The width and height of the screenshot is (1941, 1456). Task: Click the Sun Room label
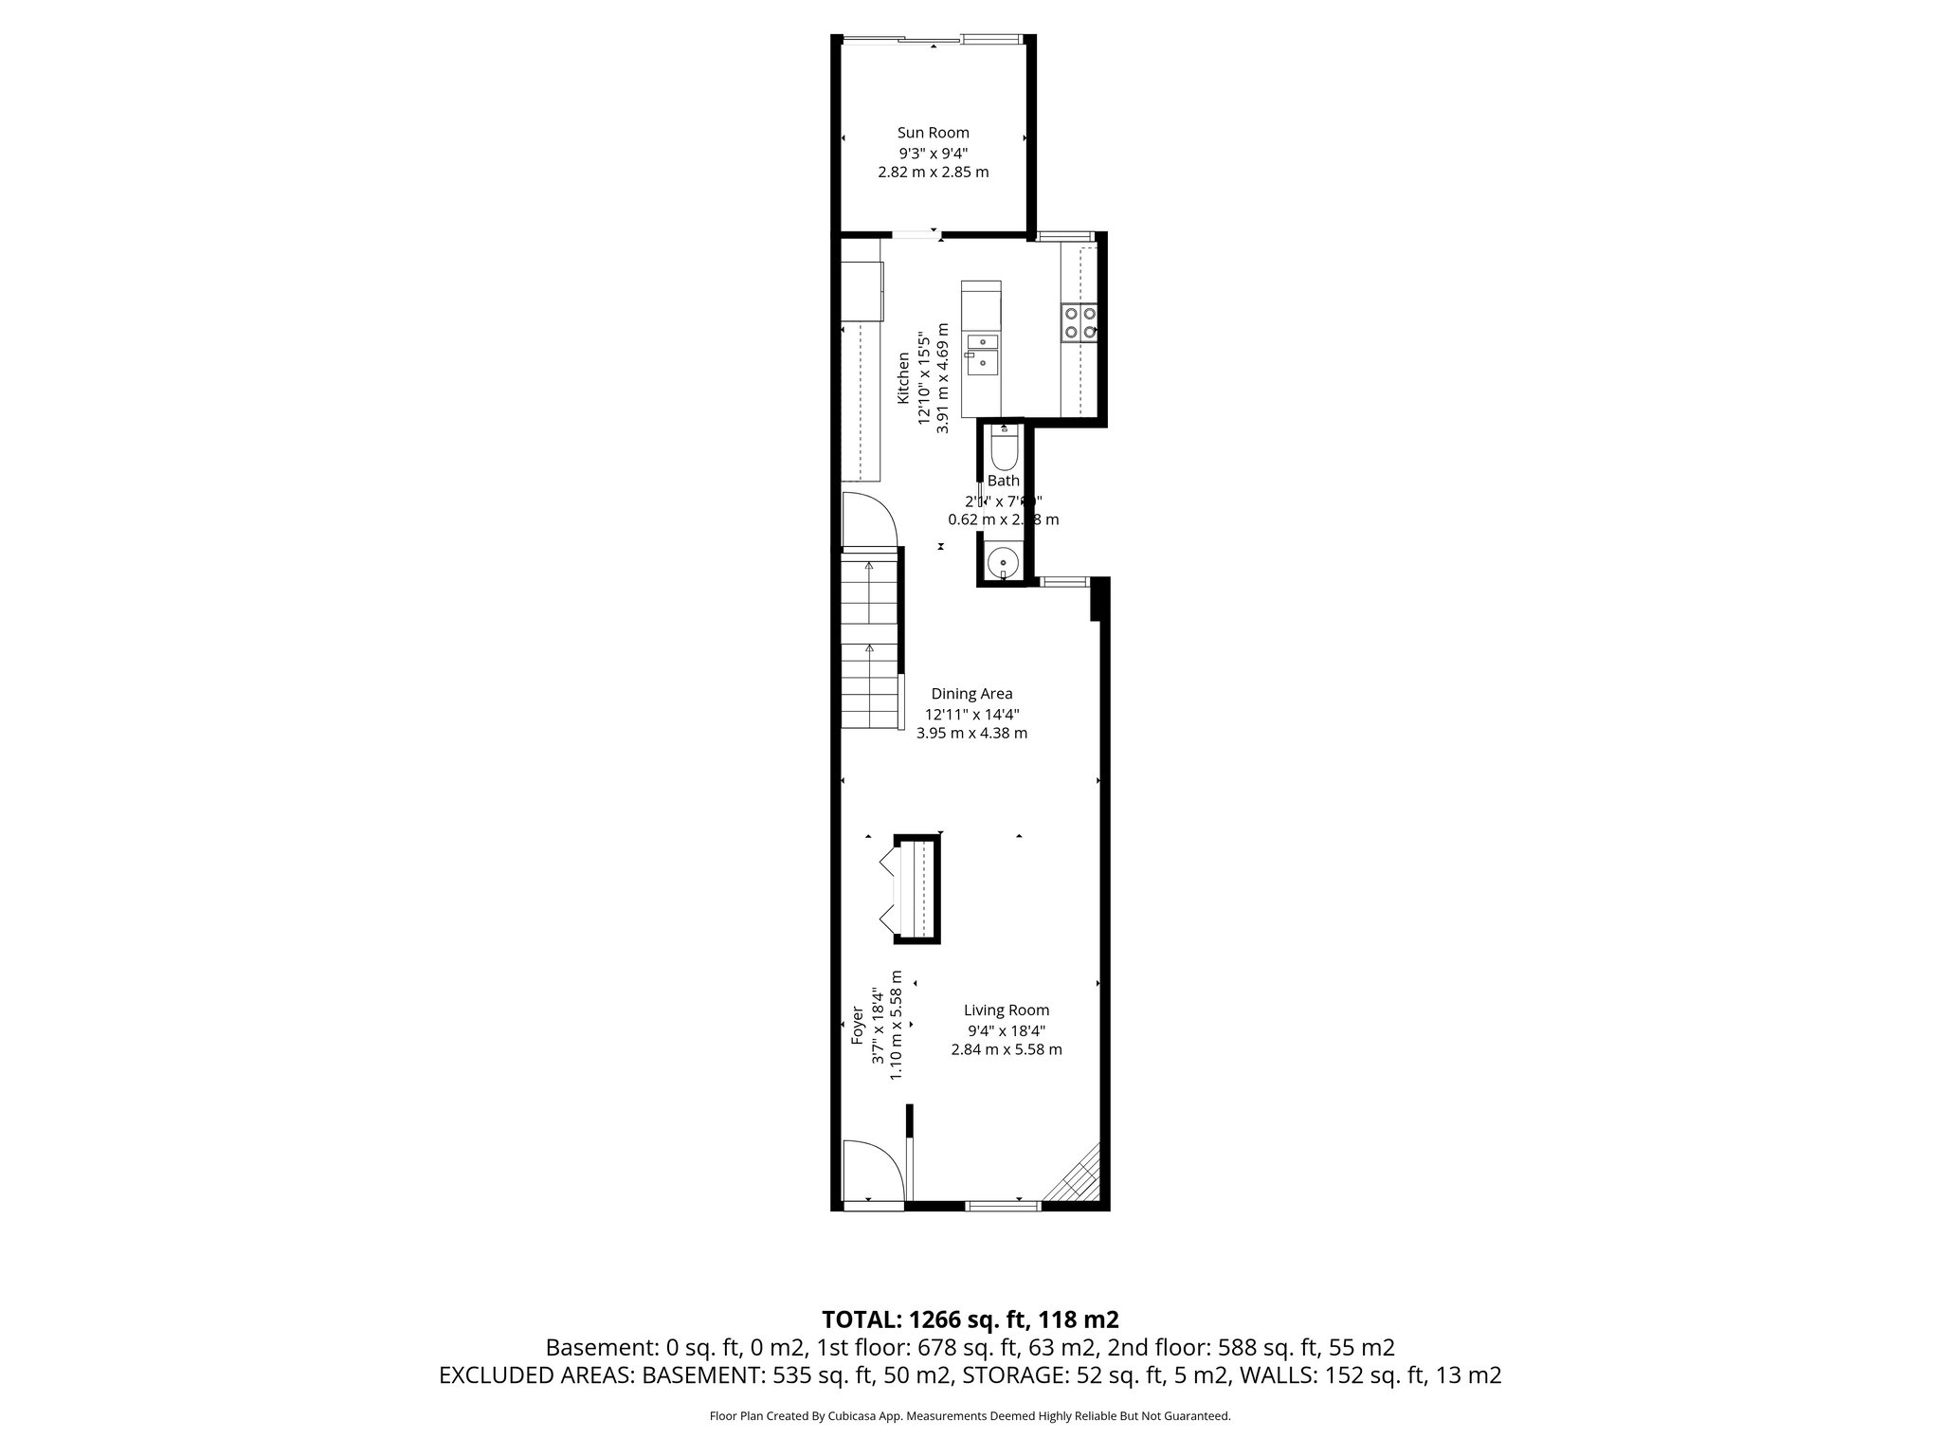pos(933,133)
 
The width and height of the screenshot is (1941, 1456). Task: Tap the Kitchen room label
pos(904,378)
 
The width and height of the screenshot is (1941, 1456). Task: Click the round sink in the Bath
pos(1003,562)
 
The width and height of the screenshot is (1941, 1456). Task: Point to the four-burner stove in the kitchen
pos(1079,321)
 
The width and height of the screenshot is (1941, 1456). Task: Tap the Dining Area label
pos(971,694)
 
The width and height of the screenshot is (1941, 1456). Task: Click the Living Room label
pos(1007,1010)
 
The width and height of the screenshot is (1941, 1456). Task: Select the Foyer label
pos(857,1025)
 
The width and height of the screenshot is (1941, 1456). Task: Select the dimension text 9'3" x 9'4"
pos(933,153)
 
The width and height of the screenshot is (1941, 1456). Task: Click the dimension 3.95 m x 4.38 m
pos(971,733)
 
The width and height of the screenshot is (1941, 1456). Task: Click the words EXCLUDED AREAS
pos(536,1375)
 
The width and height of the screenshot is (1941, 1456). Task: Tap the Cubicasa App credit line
pos(970,1416)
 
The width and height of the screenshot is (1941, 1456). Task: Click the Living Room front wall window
pos(1003,1206)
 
